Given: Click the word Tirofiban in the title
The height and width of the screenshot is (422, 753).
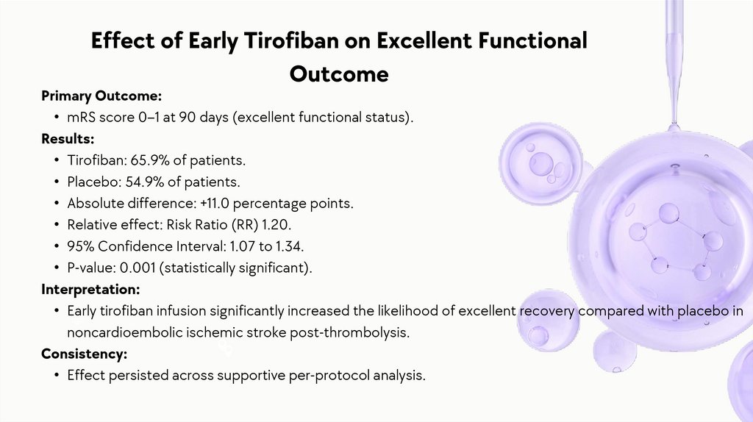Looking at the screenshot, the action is point(291,40).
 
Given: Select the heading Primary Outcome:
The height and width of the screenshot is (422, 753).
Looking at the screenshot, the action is point(101,96).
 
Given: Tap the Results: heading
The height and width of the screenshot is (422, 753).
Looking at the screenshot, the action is point(68,138).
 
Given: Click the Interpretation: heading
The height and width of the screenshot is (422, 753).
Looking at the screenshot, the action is point(90,290).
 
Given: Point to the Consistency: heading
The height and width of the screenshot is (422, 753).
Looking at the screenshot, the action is point(84,354).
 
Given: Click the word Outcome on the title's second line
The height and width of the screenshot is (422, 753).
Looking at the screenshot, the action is point(339,74).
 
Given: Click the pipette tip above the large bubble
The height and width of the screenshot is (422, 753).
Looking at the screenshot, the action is point(674,126).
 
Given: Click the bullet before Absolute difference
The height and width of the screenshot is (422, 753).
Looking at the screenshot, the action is point(57,204).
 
